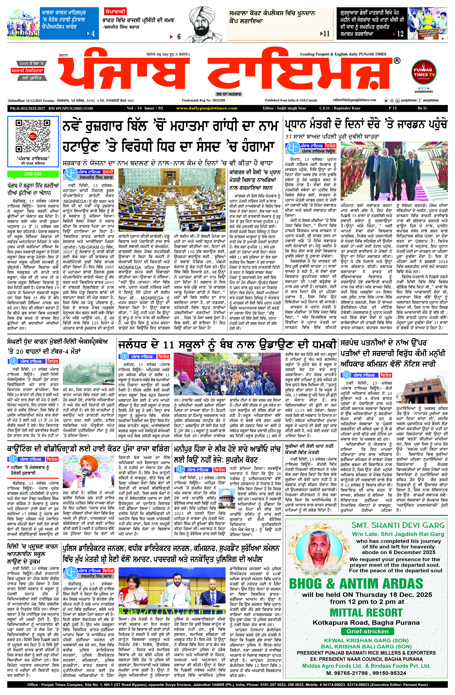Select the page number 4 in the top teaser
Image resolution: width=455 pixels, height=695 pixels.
tap(93, 34)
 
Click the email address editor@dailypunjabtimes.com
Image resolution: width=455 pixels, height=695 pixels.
tap(354, 100)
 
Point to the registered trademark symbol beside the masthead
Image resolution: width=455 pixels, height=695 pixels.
tap(397, 61)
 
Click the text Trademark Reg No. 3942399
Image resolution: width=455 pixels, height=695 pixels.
tap(203, 100)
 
